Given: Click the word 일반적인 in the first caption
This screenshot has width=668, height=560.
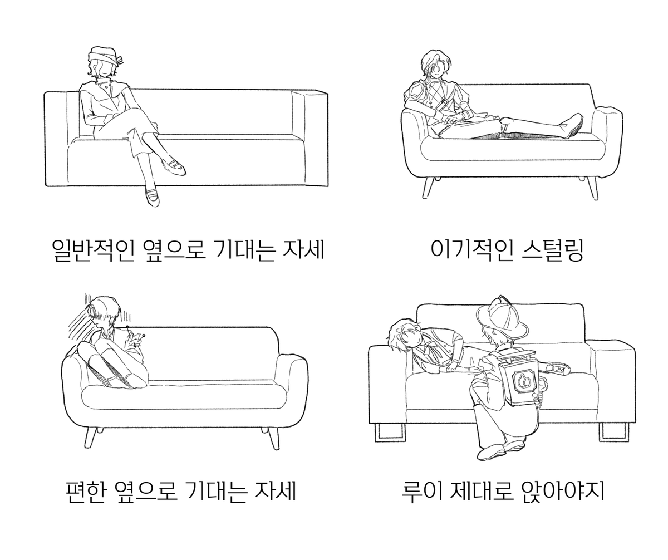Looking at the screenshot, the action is (x=93, y=250).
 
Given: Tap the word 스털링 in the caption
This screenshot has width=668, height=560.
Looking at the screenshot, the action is (x=553, y=250).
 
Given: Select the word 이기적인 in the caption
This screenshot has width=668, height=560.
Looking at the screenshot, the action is (x=471, y=250).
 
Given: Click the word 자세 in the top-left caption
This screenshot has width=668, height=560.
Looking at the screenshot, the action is (x=304, y=250).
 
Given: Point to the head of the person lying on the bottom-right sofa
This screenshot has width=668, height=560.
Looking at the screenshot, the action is (x=404, y=335).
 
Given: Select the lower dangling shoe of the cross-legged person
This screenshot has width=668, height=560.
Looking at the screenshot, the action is (x=153, y=197).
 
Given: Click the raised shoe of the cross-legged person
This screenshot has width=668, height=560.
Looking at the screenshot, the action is (x=173, y=166).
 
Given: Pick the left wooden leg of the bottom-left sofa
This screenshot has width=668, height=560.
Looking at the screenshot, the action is (x=90, y=438).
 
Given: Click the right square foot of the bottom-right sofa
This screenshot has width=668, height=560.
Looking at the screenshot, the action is (x=613, y=433).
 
